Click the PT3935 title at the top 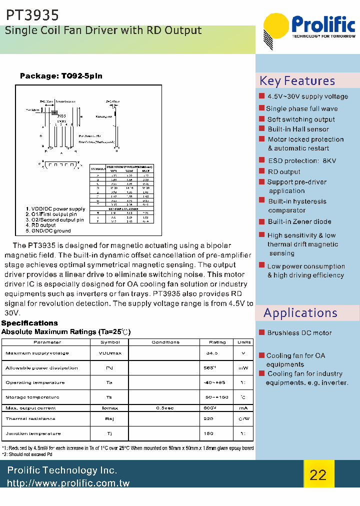click(x=32, y=15)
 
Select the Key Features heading click(x=297, y=81)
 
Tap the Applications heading click(x=300, y=313)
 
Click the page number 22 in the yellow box click(x=318, y=474)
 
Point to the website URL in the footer click(x=68, y=483)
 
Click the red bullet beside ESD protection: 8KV click(x=261, y=160)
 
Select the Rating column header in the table click(x=217, y=342)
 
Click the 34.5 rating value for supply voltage click(x=212, y=353)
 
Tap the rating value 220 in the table click(x=208, y=419)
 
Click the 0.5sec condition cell click(x=165, y=408)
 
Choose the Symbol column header click(x=110, y=342)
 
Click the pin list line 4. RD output click(x=41, y=225)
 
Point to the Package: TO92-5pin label click(x=61, y=76)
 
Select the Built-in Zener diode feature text click(x=299, y=221)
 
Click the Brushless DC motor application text click(x=299, y=333)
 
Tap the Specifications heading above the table click(x=29, y=323)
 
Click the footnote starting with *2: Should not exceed click(x=27, y=454)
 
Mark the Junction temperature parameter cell click(x=33, y=433)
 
